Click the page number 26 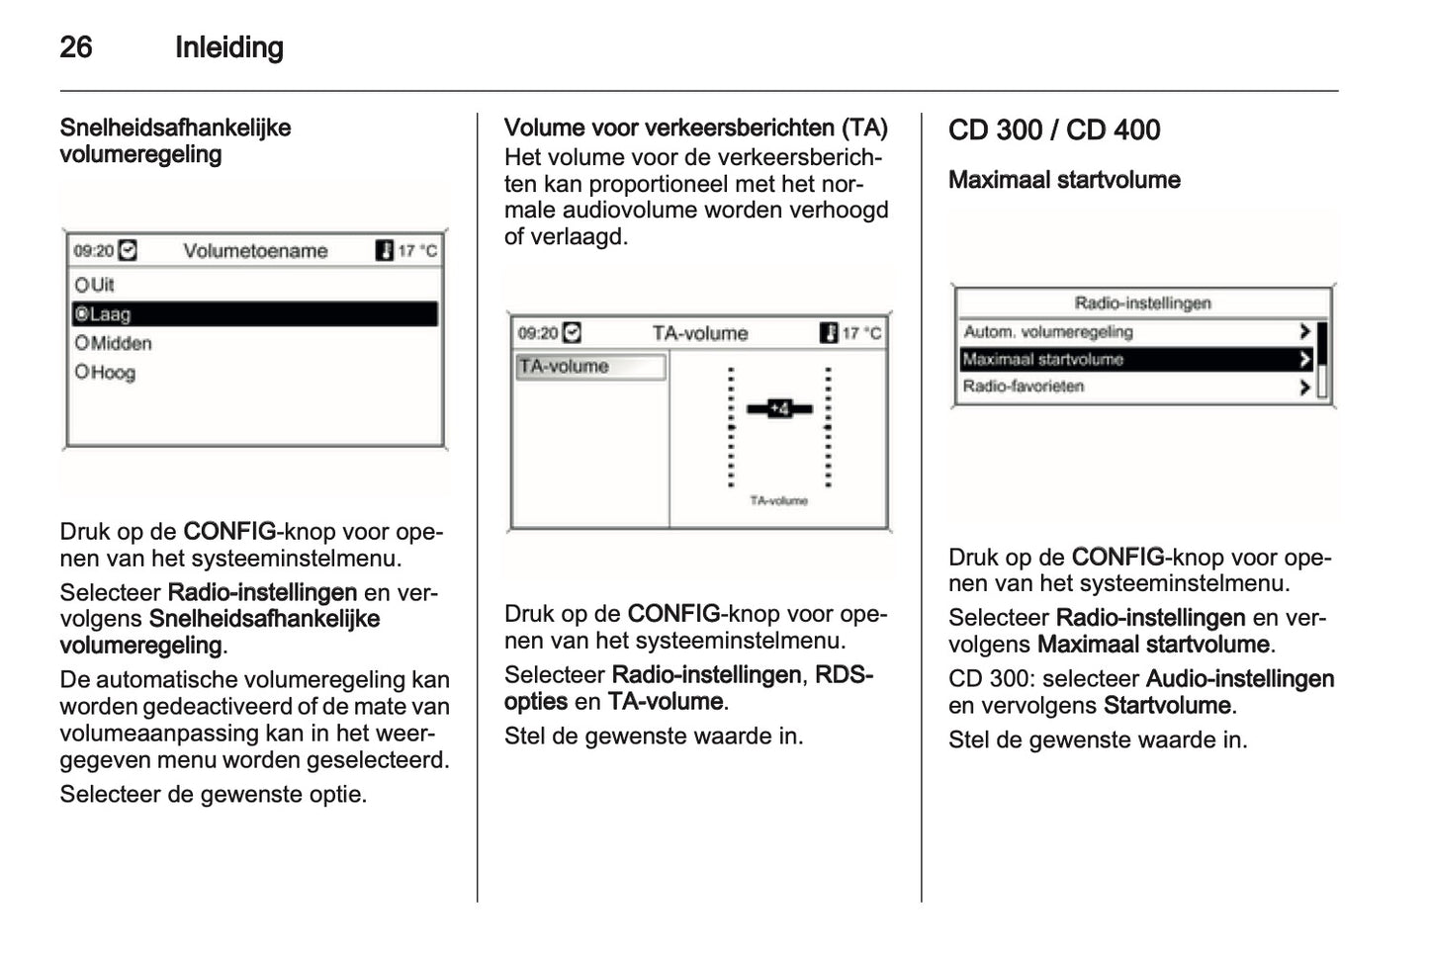pyautogui.click(x=76, y=46)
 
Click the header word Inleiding pyautogui.click(x=228, y=46)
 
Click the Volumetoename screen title pyautogui.click(x=255, y=251)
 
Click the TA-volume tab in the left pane pyautogui.click(x=589, y=367)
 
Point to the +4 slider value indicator pyautogui.click(x=779, y=408)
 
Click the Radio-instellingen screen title pyautogui.click(x=1142, y=304)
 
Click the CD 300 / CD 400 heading pyautogui.click(x=1054, y=130)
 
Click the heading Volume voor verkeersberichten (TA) pyautogui.click(x=695, y=128)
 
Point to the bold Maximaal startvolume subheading pyautogui.click(x=1064, y=180)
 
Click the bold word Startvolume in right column pyautogui.click(x=1167, y=705)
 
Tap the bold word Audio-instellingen pyautogui.click(x=1239, y=678)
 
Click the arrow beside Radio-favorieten pyautogui.click(x=1304, y=388)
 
